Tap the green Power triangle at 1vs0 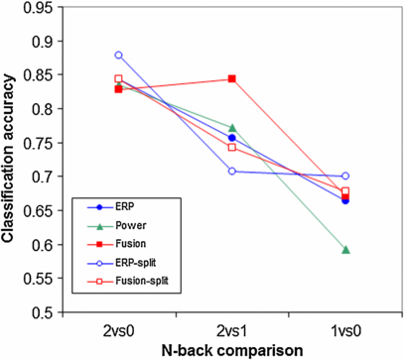coord(345,249)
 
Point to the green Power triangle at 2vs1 coord(232,128)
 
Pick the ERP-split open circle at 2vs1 coord(232,172)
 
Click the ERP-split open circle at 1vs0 coord(345,176)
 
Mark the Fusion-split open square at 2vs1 coord(232,147)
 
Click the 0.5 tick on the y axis coord(44,312)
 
